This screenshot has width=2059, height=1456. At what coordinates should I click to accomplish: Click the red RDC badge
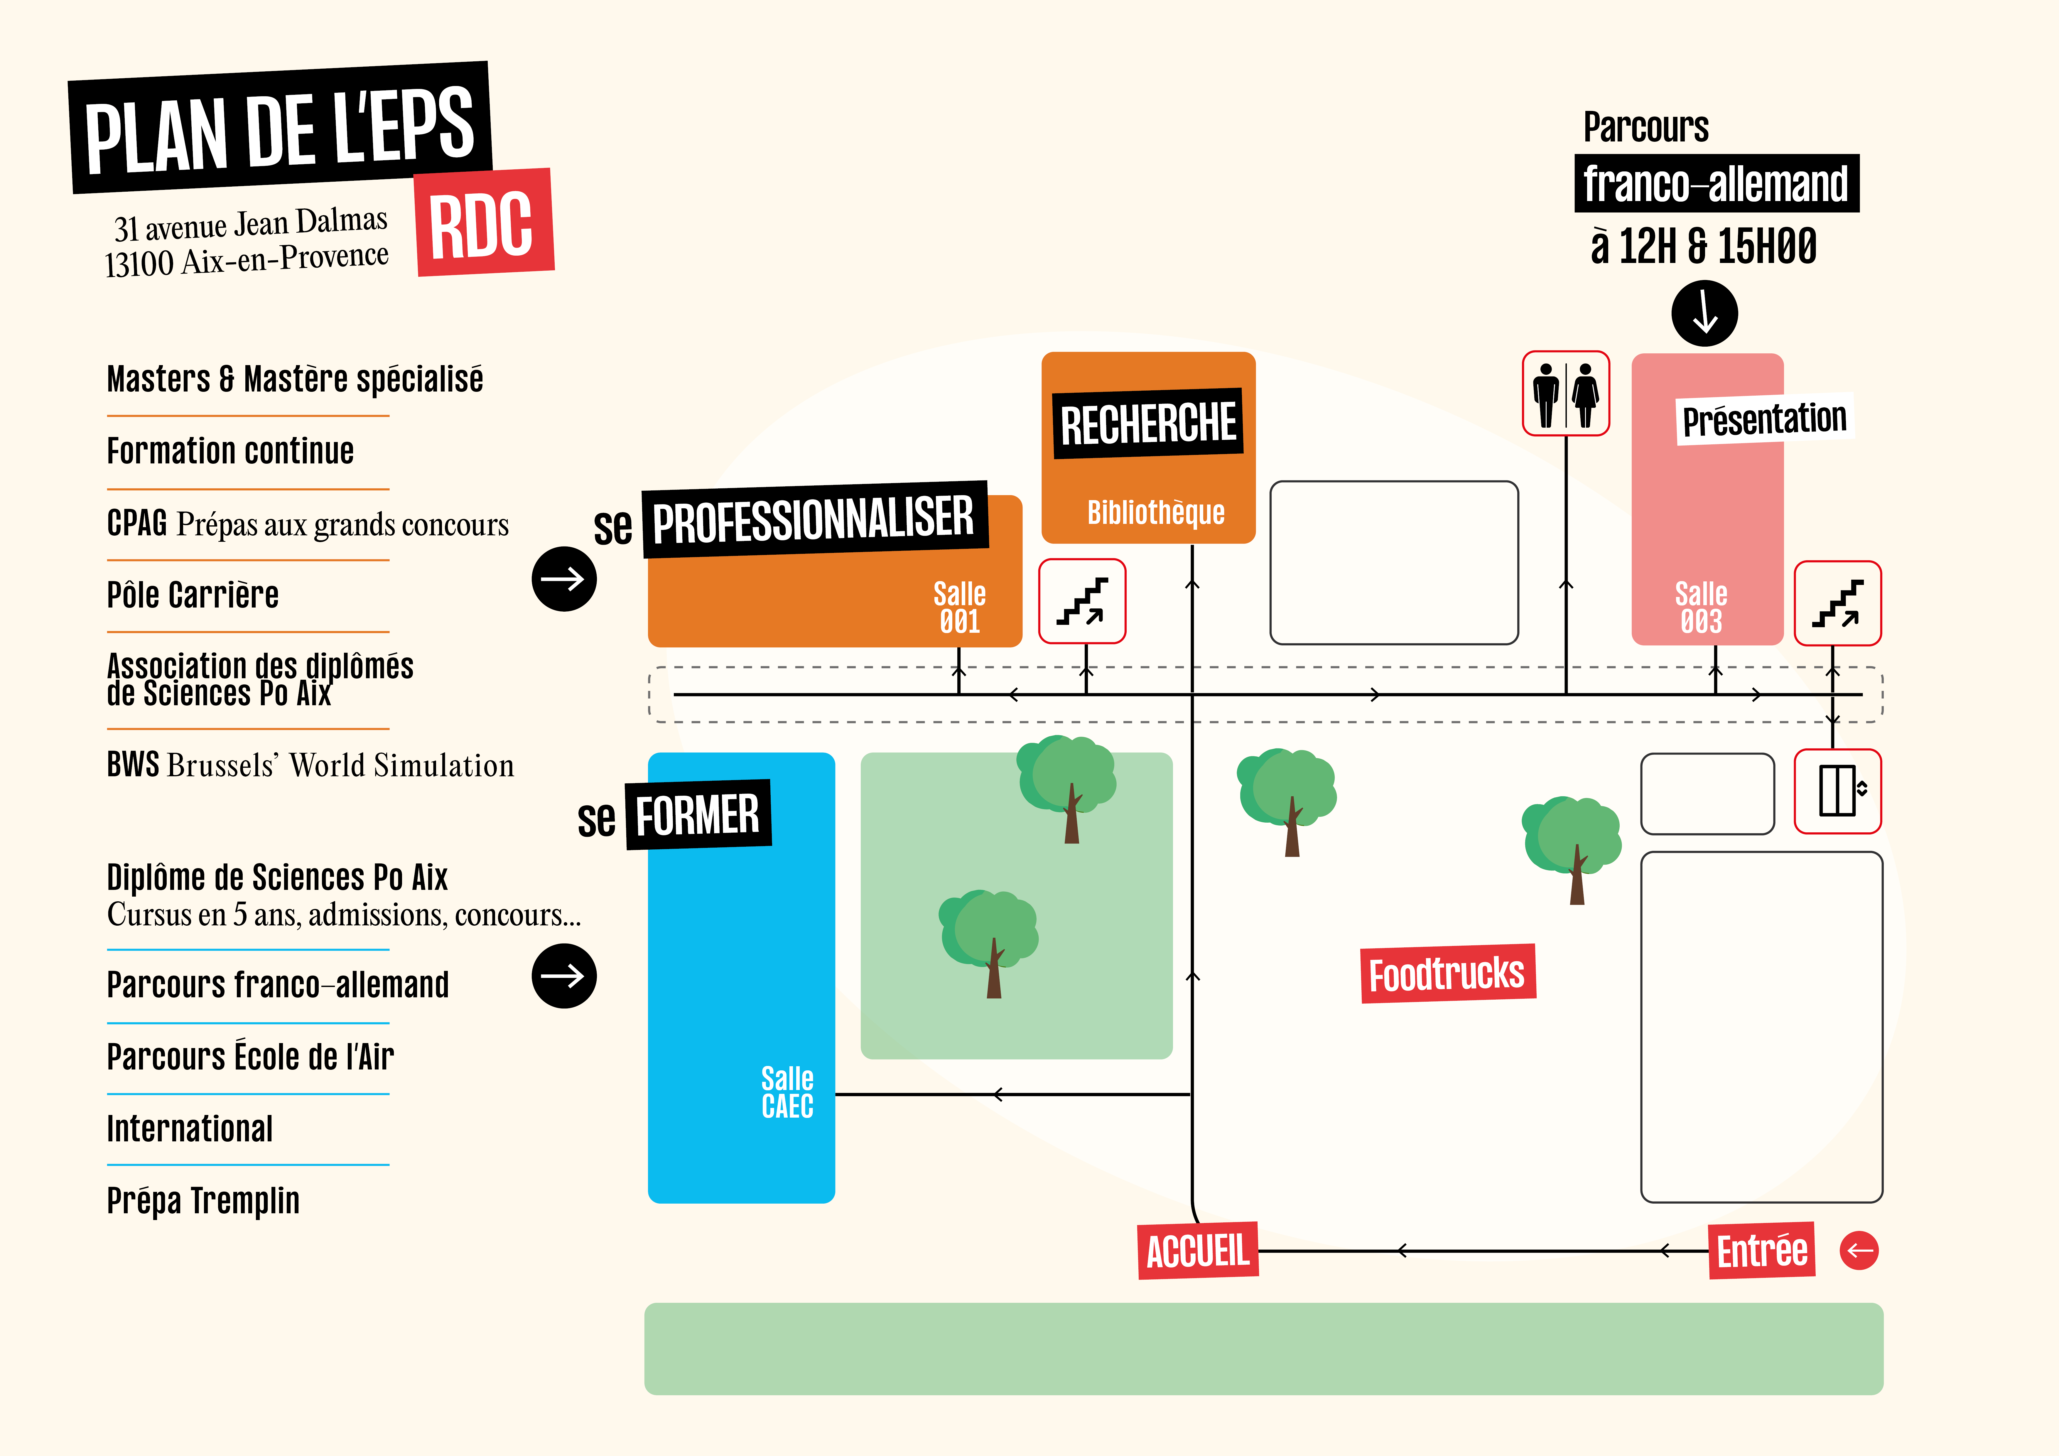point(484,223)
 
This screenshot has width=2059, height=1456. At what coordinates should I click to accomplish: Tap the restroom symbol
point(1566,394)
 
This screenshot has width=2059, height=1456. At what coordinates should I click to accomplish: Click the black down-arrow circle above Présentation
point(1704,313)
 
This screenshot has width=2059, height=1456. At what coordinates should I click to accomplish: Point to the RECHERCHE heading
point(1148,424)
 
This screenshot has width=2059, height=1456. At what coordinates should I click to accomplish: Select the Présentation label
point(1764,419)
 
